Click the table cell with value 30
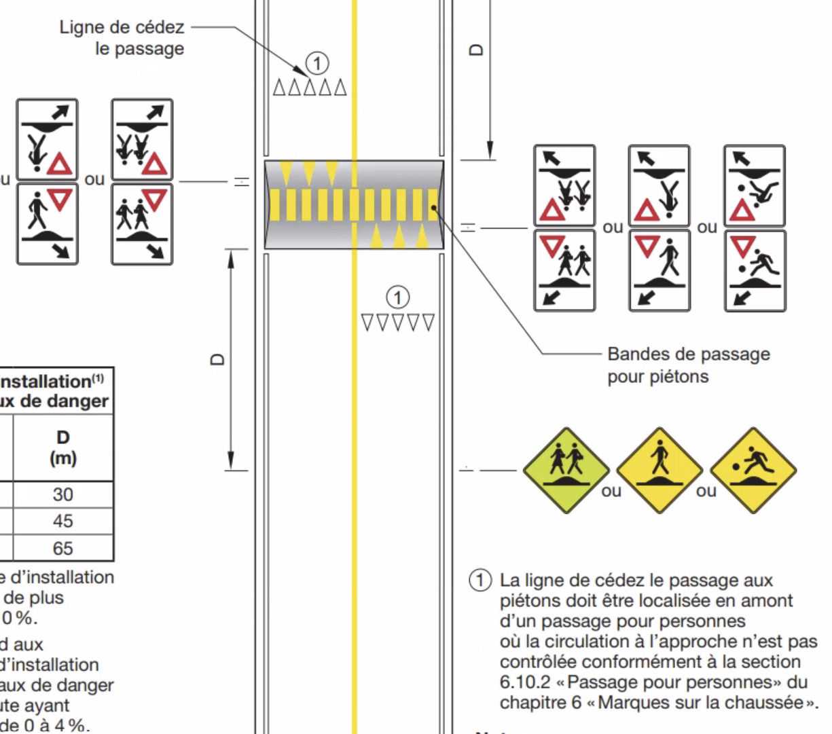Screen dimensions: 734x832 tap(62, 494)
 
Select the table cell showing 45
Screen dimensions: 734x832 tap(62, 521)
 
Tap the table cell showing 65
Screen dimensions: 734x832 tap(62, 548)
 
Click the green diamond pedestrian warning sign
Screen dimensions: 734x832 tap(566, 470)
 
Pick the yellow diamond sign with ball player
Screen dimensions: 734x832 tap(753, 470)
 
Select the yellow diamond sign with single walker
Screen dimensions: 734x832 tap(659, 470)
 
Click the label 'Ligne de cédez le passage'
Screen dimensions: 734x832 tap(122, 38)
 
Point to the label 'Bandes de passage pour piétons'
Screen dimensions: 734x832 tap(688, 365)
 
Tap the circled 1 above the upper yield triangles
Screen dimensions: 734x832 tap(317, 64)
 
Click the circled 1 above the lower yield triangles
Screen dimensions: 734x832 tap(398, 297)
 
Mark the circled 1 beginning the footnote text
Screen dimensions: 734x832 tap(480, 581)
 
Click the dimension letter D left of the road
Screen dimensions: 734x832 tap(218, 359)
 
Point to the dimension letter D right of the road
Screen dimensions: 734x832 tap(477, 50)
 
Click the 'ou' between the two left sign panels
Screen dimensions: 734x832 tap(94, 179)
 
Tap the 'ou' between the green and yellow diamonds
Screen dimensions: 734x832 tap(611, 490)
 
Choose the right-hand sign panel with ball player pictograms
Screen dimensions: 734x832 tap(755, 228)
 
